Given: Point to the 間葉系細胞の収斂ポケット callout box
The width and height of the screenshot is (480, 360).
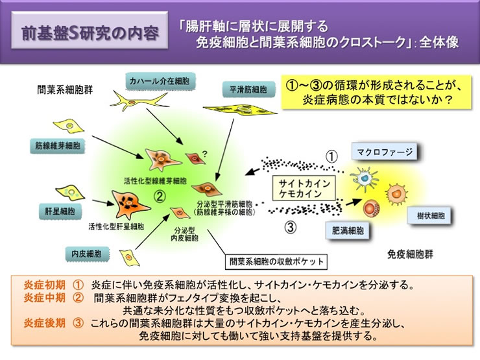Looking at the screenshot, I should pos(275,261).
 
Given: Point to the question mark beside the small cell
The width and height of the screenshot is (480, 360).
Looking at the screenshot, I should pos(205,154).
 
